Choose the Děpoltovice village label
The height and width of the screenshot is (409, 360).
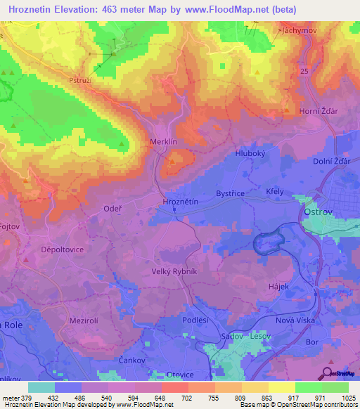(x=44, y=249)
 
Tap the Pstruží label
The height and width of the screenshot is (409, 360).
(x=79, y=82)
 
